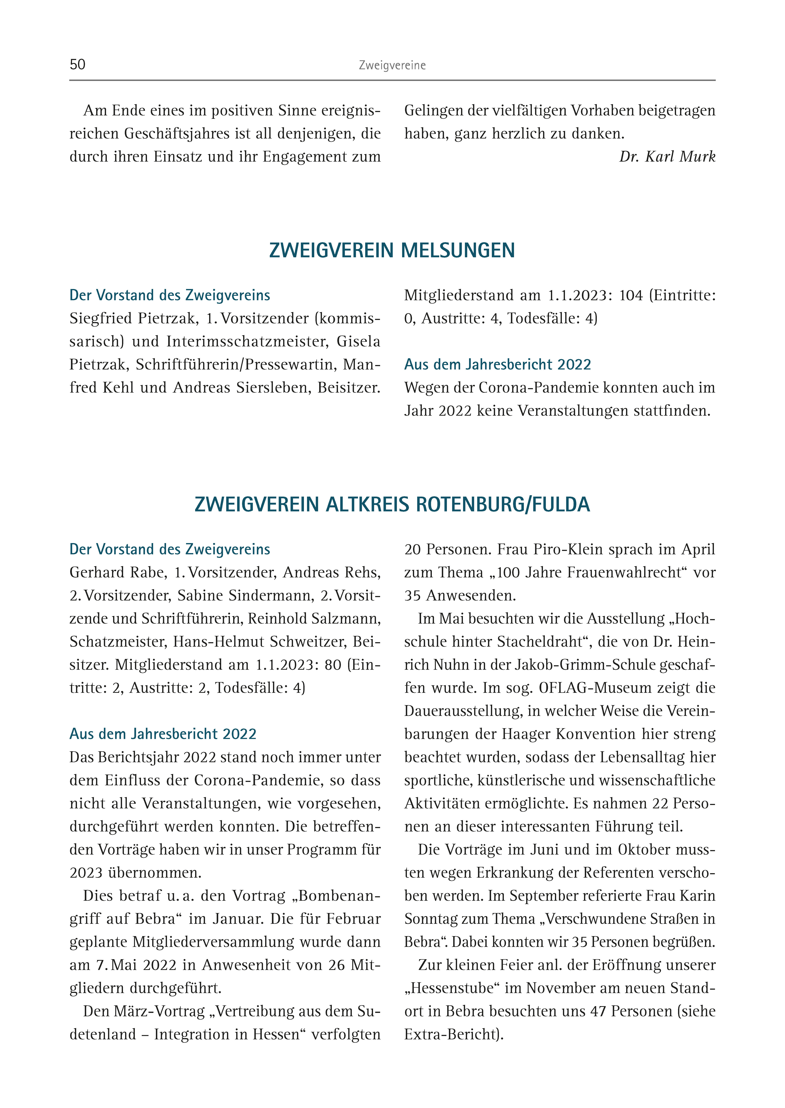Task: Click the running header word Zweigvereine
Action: tap(392, 65)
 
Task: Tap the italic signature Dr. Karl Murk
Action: tap(667, 157)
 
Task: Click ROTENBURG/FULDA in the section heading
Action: tap(503, 504)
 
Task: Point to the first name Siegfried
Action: tap(100, 319)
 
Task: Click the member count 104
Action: tap(631, 295)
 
